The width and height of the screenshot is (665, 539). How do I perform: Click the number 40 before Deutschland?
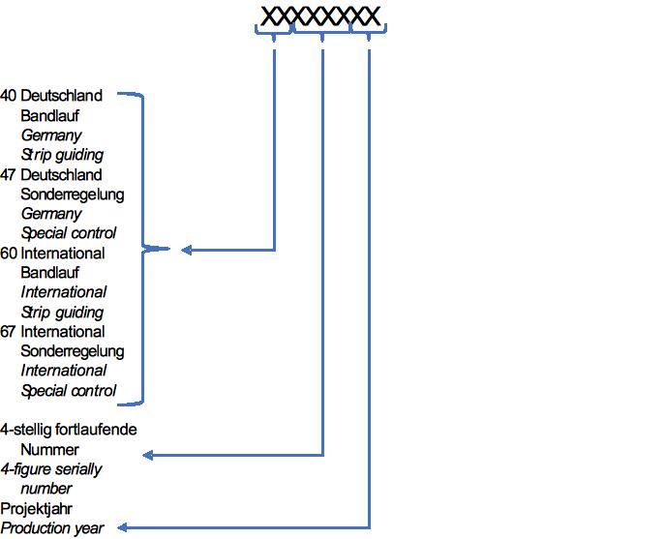click(x=9, y=96)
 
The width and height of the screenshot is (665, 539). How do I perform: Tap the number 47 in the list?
click(x=9, y=175)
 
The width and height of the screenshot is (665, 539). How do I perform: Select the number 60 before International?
click(x=9, y=254)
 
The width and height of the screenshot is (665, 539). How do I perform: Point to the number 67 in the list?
click(x=9, y=332)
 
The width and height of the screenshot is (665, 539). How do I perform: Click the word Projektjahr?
click(x=37, y=508)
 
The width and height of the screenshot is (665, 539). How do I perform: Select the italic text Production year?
click(x=52, y=528)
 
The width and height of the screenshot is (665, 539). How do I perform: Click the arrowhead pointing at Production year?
click(x=124, y=528)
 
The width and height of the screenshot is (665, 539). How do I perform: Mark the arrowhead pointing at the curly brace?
click(x=187, y=251)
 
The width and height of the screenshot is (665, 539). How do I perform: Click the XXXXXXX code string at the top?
click(x=320, y=16)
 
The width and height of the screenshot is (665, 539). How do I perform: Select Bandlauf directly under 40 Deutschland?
click(x=49, y=116)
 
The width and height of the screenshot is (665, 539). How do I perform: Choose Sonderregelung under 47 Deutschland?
click(x=73, y=195)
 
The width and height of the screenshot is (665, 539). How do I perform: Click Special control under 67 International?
click(x=69, y=391)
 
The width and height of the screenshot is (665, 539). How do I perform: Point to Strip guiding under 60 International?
click(x=62, y=313)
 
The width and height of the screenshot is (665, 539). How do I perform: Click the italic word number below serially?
click(x=46, y=489)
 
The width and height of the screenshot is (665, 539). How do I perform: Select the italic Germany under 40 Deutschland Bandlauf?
click(x=51, y=135)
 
